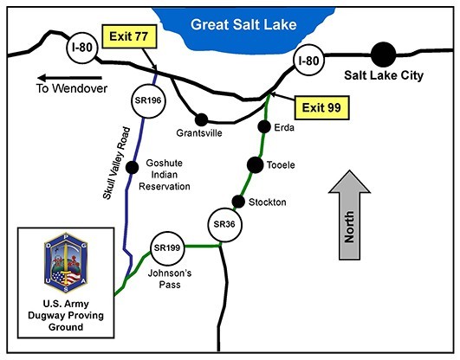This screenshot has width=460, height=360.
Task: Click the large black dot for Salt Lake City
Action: click(x=382, y=55)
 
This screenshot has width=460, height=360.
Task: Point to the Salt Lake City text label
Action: click(x=382, y=76)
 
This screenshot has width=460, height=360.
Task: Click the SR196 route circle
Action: click(x=148, y=100)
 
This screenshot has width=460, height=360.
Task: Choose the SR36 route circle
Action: click(x=223, y=224)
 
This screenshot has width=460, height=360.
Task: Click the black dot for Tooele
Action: click(x=255, y=164)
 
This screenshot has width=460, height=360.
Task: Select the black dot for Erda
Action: click(x=264, y=127)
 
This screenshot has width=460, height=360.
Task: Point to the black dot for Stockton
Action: click(x=238, y=202)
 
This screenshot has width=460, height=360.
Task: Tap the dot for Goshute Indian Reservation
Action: click(x=133, y=167)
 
